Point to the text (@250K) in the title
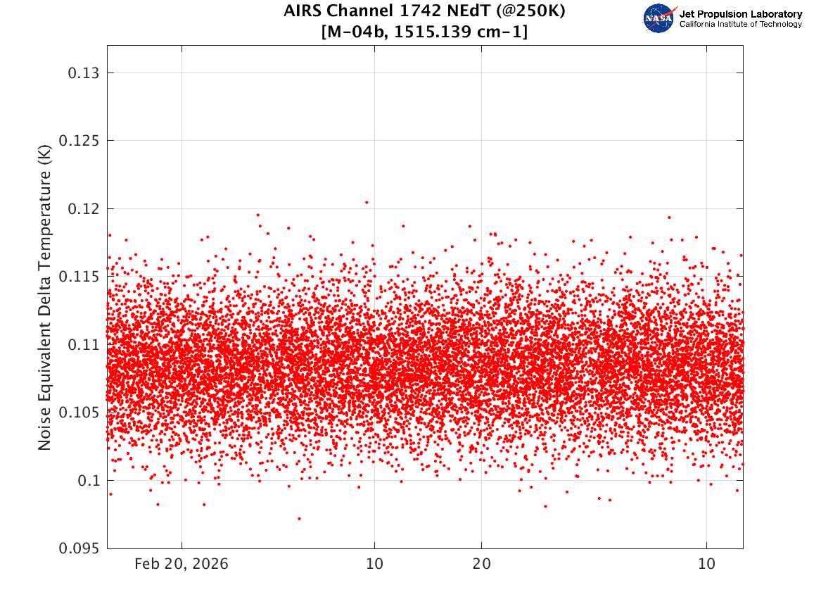click(x=531, y=11)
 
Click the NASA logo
click(x=659, y=18)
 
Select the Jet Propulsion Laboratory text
click(x=740, y=14)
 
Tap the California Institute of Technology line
click(x=740, y=24)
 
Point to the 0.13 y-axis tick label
click(x=83, y=73)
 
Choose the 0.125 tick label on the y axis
click(x=79, y=141)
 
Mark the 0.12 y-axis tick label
click(x=83, y=209)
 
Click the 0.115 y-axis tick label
click(x=79, y=277)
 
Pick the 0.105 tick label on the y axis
click(x=79, y=413)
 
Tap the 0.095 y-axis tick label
click(x=79, y=548)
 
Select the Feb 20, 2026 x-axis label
click(x=182, y=564)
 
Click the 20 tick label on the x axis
click(x=482, y=564)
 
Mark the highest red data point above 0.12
click(x=367, y=202)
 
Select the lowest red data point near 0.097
click(x=299, y=519)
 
